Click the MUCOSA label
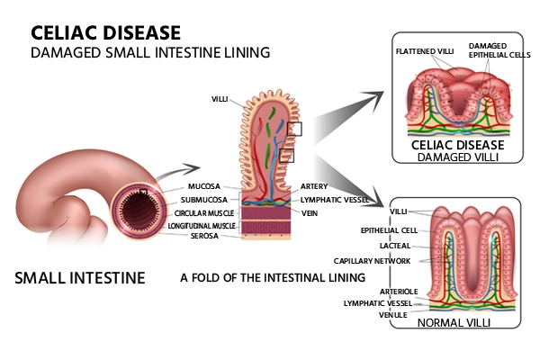[x=205, y=187]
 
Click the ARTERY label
[x=315, y=187]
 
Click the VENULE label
[x=395, y=315]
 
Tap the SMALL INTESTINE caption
[x=80, y=277]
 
